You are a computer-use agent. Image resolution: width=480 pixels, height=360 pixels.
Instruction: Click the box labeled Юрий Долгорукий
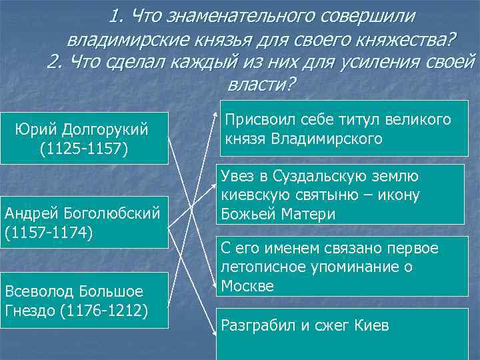click(83, 137)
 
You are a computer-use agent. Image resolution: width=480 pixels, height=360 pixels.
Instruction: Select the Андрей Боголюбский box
click(83, 223)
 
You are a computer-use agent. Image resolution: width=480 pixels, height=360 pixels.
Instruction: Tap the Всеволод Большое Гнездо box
click(83, 301)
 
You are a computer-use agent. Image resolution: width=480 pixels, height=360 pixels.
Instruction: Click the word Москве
click(247, 285)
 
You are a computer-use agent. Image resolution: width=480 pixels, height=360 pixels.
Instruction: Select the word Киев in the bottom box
click(371, 326)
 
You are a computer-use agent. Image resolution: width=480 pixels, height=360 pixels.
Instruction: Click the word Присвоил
click(254, 120)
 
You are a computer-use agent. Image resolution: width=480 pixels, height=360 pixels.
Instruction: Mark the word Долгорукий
click(105, 128)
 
